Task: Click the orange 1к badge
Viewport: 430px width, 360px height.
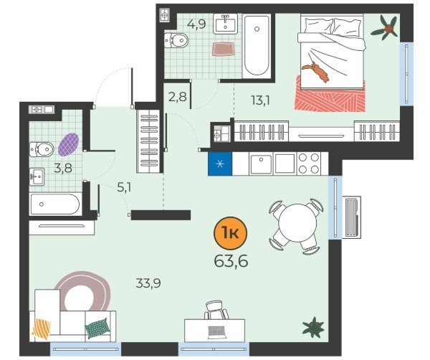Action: tap(230, 233)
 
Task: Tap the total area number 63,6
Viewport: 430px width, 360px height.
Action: tap(231, 261)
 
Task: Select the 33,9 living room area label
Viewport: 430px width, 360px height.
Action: tap(148, 283)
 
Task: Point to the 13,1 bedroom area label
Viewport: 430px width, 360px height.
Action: tap(261, 100)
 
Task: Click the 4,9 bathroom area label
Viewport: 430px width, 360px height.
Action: tap(196, 24)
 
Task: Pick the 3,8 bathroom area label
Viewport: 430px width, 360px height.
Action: tap(63, 168)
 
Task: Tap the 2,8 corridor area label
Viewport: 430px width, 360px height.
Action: tap(178, 97)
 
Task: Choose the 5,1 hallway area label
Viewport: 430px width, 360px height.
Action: tap(124, 188)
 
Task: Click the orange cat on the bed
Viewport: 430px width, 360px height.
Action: tap(316, 71)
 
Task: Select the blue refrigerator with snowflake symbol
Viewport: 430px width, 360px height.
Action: tap(220, 164)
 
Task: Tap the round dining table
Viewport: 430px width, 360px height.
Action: tap(297, 223)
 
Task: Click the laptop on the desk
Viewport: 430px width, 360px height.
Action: tap(217, 332)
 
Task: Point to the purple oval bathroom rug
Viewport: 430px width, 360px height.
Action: tap(69, 144)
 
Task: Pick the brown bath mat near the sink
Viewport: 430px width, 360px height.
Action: tap(223, 49)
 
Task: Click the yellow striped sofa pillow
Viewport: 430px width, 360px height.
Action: tap(42, 328)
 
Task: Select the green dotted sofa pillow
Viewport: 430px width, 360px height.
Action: tap(97, 328)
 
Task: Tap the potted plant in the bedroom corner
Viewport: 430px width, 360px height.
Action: tap(385, 27)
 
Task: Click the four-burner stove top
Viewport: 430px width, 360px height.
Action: tap(309, 164)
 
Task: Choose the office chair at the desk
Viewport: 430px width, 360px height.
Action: tap(216, 310)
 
